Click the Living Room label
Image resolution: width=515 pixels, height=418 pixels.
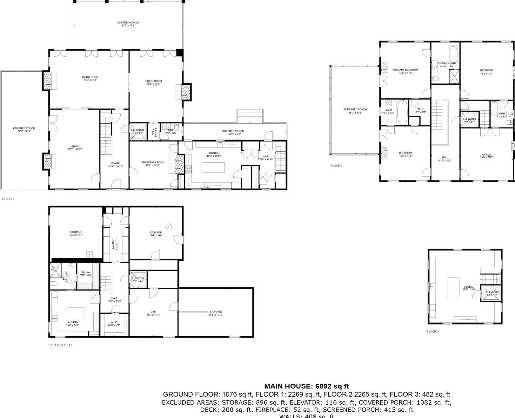click(90, 77)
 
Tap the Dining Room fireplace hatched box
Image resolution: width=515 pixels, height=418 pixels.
click(185, 92)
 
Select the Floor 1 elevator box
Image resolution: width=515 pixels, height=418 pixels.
click(138, 131)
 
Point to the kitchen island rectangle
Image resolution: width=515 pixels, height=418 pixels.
click(214, 167)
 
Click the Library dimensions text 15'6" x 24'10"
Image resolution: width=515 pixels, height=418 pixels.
click(75, 149)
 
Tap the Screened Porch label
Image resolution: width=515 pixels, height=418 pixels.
click(355, 109)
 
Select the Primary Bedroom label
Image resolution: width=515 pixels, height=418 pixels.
click(405, 70)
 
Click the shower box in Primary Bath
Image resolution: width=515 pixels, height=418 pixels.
click(454, 76)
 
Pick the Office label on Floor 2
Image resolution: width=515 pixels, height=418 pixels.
click(486, 154)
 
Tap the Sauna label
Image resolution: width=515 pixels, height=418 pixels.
click(85, 272)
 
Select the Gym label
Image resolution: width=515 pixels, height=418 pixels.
click(153, 311)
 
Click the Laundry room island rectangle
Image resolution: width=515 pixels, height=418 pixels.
click(75, 313)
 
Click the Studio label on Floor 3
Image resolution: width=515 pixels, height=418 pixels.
click(469, 287)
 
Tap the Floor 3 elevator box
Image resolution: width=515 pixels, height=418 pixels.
click(492, 293)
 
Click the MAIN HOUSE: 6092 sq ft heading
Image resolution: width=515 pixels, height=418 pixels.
click(306, 386)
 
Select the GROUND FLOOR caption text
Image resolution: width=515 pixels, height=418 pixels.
click(60, 345)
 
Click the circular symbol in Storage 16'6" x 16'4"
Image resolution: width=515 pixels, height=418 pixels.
click(169, 226)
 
